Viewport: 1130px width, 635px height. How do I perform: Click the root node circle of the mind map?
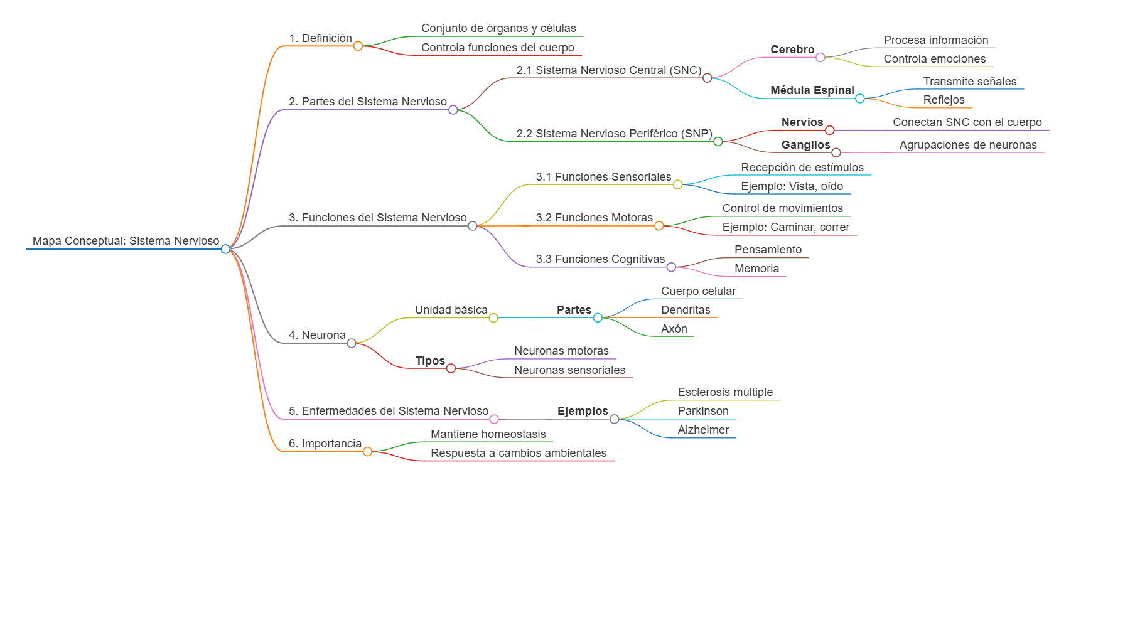point(225,249)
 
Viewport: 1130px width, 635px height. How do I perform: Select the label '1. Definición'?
point(320,38)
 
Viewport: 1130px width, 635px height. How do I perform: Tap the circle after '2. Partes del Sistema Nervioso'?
point(453,110)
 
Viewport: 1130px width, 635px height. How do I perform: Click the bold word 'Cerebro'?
point(792,50)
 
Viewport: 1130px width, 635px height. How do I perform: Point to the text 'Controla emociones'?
point(934,59)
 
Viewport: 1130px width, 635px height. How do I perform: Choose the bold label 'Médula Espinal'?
point(812,90)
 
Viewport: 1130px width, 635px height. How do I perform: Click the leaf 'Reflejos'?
point(944,100)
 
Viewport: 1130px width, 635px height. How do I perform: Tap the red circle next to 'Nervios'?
point(829,131)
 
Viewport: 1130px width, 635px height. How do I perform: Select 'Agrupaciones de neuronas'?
point(967,145)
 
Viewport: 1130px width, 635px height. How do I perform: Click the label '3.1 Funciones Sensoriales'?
point(603,177)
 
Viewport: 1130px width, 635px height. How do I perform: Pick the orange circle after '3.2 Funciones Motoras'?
point(659,226)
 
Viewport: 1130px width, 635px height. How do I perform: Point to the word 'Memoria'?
point(756,269)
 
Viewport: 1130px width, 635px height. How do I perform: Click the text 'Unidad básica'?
point(451,310)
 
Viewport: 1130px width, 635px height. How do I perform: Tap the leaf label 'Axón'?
point(674,329)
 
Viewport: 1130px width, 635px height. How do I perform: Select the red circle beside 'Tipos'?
point(451,368)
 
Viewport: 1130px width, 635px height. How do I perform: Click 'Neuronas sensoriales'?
point(569,370)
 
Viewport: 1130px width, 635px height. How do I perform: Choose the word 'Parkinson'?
point(702,411)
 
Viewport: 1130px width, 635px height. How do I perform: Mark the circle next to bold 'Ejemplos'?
point(615,419)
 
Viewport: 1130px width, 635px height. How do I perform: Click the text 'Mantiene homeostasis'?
point(488,434)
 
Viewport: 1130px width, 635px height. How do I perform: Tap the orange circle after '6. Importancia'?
point(367,452)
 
